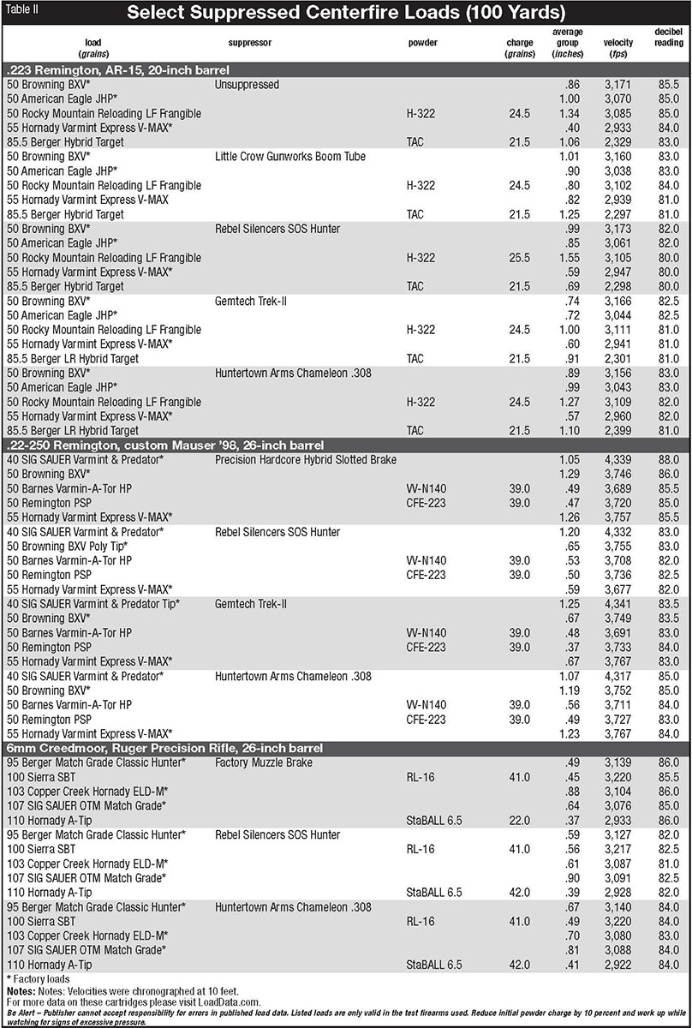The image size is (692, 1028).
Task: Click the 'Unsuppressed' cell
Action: pyautogui.click(x=248, y=85)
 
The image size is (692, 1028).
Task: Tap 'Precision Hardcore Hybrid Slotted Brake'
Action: pyautogui.click(x=306, y=460)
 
